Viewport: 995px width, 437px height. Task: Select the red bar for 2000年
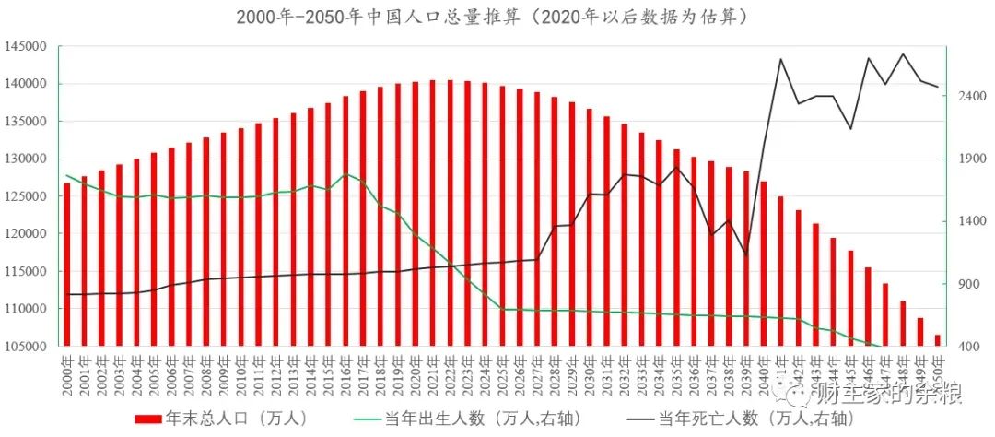point(66,265)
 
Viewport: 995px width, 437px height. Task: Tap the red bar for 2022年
point(450,213)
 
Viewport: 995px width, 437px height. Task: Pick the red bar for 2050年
point(938,340)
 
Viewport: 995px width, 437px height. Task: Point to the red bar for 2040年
point(763,264)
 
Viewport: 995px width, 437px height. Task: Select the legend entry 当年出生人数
point(470,419)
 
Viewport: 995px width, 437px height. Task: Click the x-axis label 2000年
point(66,373)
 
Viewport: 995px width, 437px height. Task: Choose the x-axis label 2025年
point(502,373)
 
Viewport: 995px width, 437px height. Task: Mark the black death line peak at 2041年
point(781,59)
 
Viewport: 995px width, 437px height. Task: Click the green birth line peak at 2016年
point(345,174)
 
